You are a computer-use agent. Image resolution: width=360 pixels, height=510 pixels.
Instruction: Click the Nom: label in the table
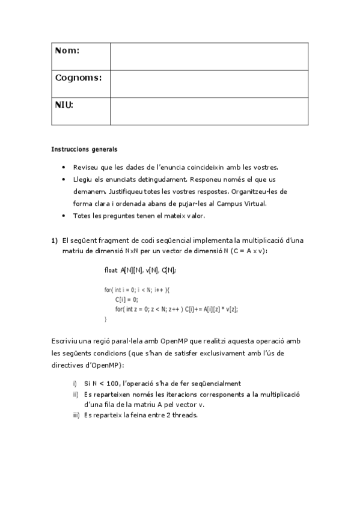(x=67, y=51)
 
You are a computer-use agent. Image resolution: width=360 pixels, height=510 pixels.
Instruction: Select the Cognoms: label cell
(x=78, y=78)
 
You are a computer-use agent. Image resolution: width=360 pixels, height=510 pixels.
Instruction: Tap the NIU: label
(x=64, y=105)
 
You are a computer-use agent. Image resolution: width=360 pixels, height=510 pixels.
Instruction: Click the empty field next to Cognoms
(x=209, y=84)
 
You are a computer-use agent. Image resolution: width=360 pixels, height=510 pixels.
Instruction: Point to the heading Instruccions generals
(x=84, y=149)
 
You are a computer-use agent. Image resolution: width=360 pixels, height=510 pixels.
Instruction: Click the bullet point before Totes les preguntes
(x=64, y=215)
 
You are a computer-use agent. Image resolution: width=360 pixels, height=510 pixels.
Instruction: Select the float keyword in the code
(x=111, y=271)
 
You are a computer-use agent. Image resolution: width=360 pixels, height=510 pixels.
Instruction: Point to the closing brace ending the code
(x=106, y=319)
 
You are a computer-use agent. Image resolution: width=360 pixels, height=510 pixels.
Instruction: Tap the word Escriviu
(x=64, y=341)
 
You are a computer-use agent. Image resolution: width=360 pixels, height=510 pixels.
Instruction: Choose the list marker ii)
(x=75, y=395)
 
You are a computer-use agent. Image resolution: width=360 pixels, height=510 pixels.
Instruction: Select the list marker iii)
(x=75, y=415)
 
